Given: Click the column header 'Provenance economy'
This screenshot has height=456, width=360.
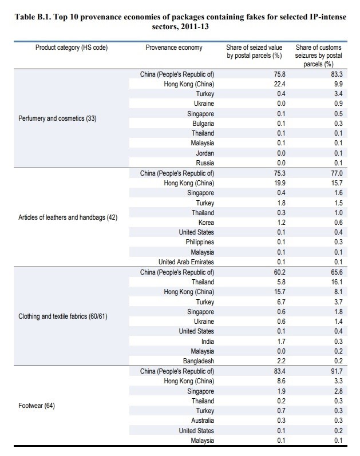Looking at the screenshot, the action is coord(174,47).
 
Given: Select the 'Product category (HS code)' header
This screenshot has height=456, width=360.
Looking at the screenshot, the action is coord(72,47).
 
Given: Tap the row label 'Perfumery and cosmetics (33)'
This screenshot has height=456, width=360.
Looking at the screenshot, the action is coord(57,118).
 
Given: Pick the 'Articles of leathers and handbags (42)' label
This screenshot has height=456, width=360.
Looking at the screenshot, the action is coord(68,217).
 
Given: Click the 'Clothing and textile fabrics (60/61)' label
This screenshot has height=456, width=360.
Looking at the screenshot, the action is coord(63,316).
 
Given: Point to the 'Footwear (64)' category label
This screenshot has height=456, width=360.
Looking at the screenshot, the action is coord(37,406).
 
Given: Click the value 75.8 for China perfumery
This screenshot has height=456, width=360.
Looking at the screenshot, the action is coord(280,74).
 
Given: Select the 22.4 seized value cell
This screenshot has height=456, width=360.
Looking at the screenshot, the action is coord(280,84).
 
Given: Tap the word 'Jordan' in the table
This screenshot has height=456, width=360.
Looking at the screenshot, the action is coord(205,153).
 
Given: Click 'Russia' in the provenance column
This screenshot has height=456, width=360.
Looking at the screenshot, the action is coord(205,163).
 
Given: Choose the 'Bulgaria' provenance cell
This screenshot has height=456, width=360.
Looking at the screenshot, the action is coord(203,124).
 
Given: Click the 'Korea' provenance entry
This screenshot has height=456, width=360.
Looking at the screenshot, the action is coord(206,223).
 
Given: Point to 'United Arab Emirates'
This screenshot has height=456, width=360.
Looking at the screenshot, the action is coord(186,262).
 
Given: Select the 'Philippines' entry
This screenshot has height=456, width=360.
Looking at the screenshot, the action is coord(200,242).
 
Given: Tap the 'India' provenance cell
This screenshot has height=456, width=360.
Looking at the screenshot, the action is coord(208,342).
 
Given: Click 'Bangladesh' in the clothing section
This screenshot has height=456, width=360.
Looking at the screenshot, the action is coord(199,361).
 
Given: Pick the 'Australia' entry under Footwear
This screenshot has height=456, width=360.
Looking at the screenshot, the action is coord(203,421).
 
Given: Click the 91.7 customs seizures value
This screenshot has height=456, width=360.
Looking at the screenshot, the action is coord(337,371).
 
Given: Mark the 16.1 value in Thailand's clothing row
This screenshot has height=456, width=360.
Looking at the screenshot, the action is coord(337,282).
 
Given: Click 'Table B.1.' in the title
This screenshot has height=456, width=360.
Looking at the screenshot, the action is coord(33,17).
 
